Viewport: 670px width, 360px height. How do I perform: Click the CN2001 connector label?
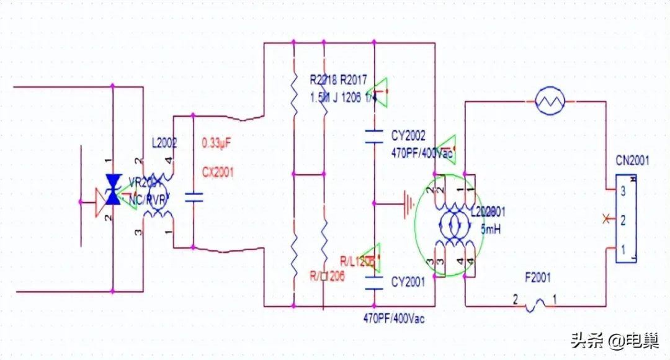pyautogui.click(x=632, y=161)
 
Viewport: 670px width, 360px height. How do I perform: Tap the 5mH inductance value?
pyautogui.click(x=491, y=229)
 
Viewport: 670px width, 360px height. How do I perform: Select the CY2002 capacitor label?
pyautogui.click(x=408, y=135)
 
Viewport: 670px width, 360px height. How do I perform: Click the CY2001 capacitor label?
pyautogui.click(x=408, y=283)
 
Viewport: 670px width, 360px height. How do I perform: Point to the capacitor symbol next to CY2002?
pyautogui.click(x=374, y=137)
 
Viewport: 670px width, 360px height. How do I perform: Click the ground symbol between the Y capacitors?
pyautogui.click(x=407, y=202)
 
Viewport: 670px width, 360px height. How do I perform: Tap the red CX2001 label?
pyautogui.click(x=217, y=173)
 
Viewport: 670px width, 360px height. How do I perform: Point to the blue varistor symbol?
pyautogui.click(x=112, y=189)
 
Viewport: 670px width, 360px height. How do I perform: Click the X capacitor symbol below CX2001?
pyautogui.click(x=194, y=199)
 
